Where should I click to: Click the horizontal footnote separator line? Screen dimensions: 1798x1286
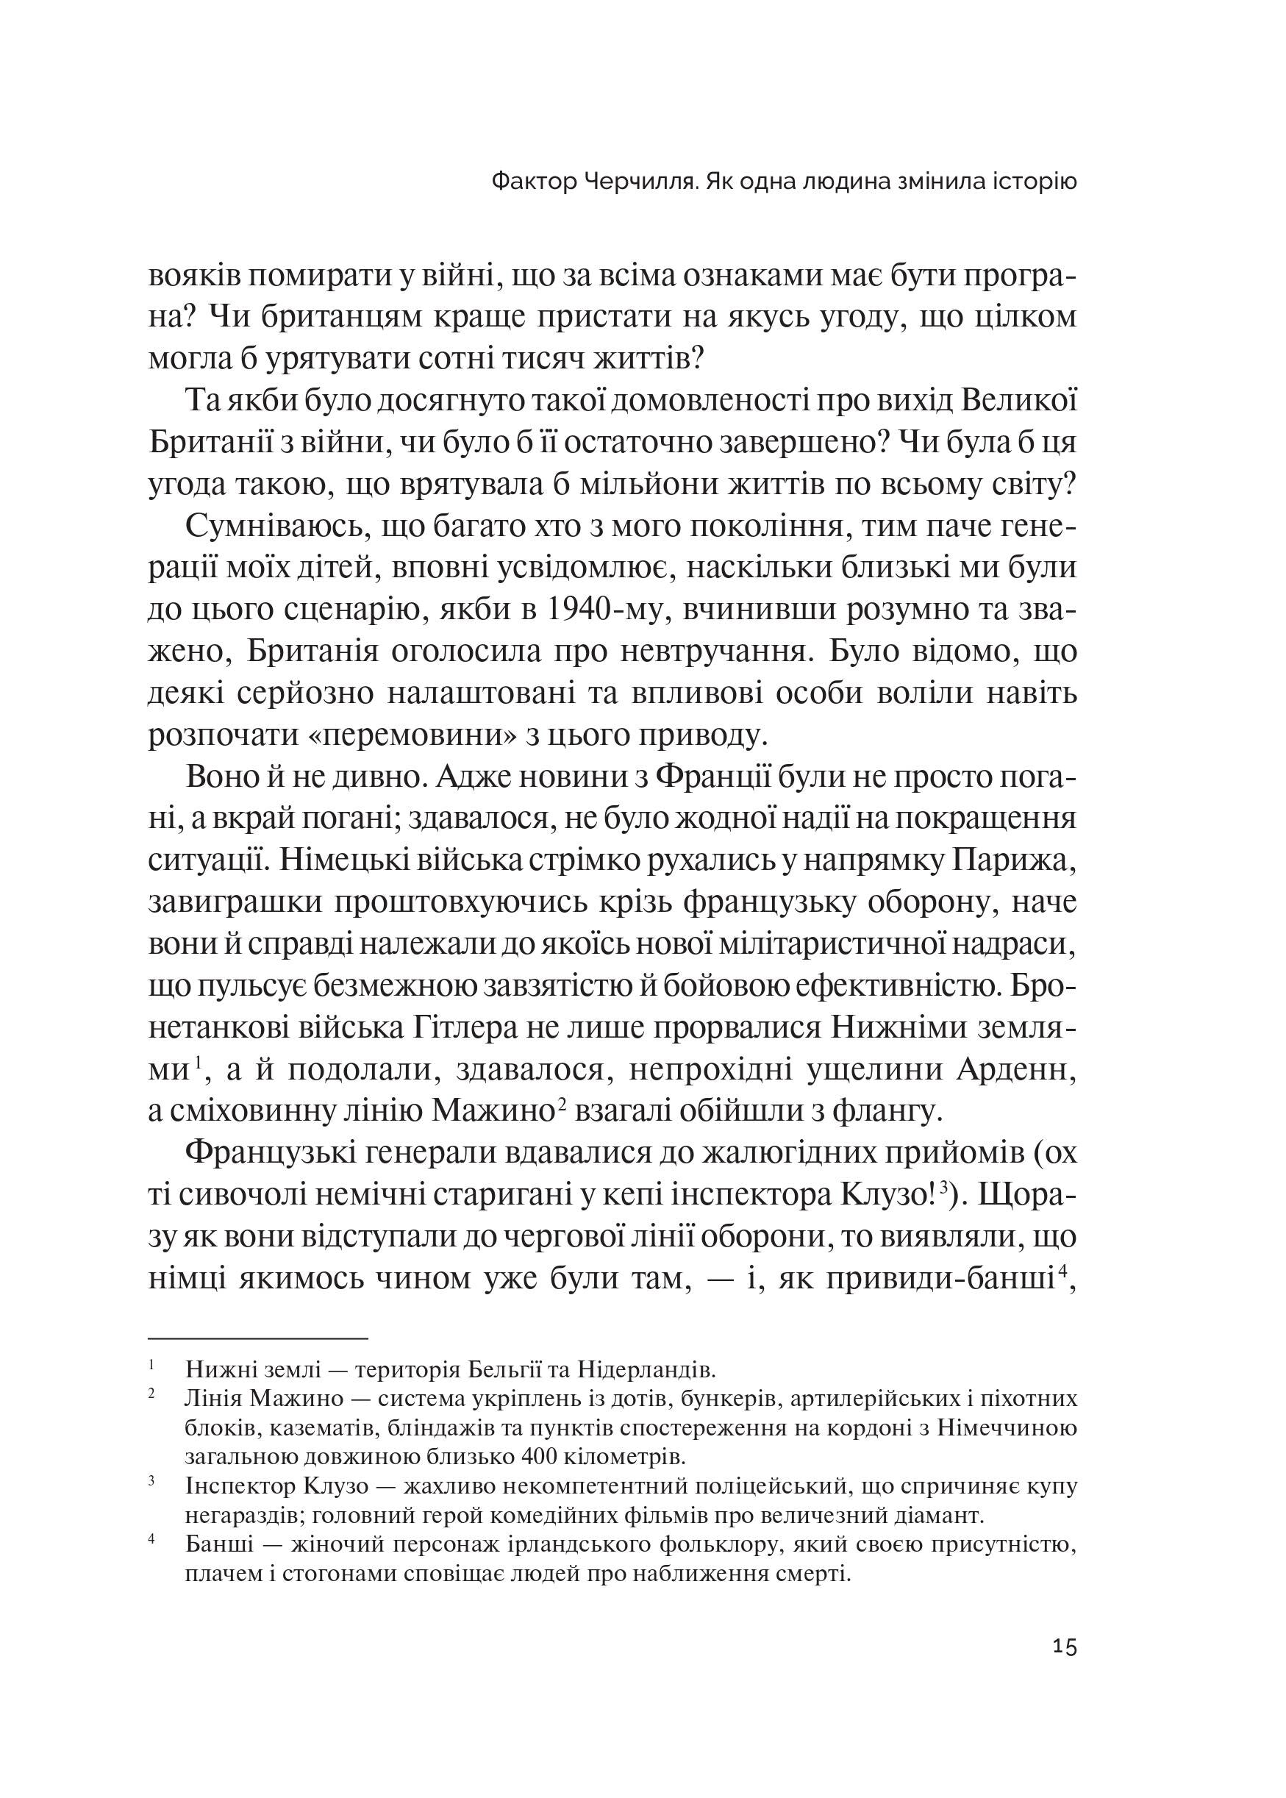[258, 1338]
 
